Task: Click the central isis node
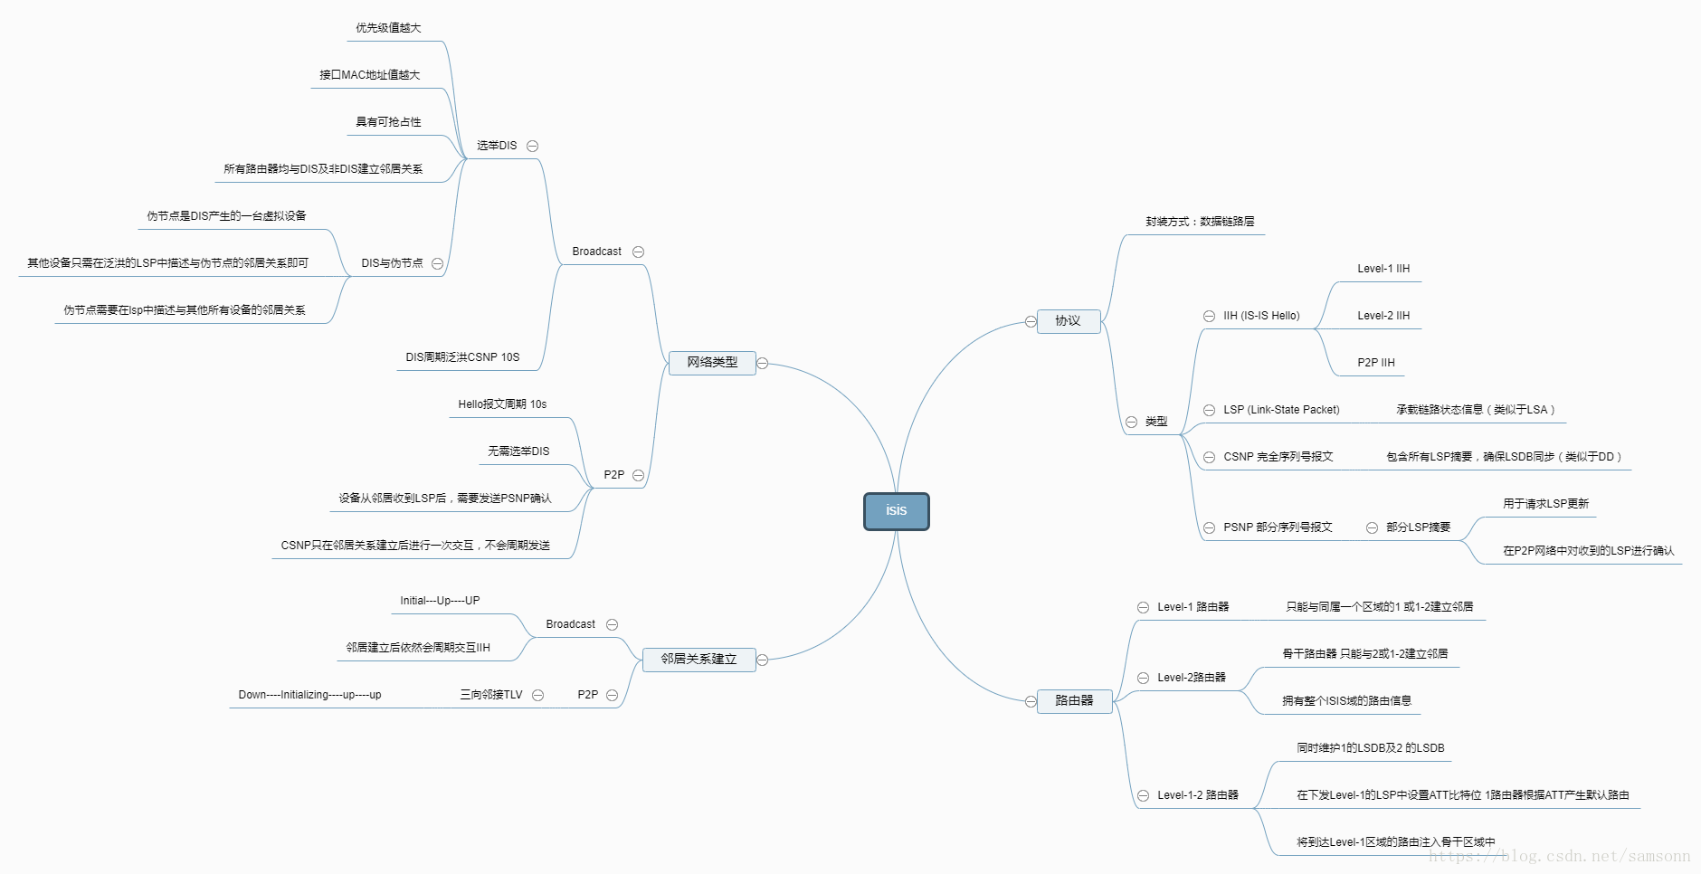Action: pyautogui.click(x=896, y=511)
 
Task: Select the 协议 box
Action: pyautogui.click(x=1068, y=321)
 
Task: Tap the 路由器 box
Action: pyautogui.click(x=1074, y=701)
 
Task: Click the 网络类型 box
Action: pyautogui.click(x=712, y=363)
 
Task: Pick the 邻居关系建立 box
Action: pyautogui.click(x=698, y=660)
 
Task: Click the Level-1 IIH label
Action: pyautogui.click(x=1383, y=269)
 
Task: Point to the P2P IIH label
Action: pyautogui.click(x=1376, y=363)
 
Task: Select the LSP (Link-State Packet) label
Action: pyautogui.click(x=1281, y=410)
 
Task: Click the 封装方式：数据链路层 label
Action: pyautogui.click(x=1200, y=222)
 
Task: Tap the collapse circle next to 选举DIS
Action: pyautogui.click(x=533, y=146)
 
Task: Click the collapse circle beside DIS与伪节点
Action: pyautogui.click(x=438, y=263)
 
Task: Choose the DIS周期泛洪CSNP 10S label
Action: pyautogui.click(x=462, y=357)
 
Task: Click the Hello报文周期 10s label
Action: pyautogui.click(x=502, y=404)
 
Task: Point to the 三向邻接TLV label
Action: pyautogui.click(x=491, y=695)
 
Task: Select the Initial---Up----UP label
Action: pyautogui.click(x=440, y=601)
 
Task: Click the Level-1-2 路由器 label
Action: pyautogui.click(x=1198, y=795)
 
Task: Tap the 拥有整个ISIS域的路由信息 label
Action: pyautogui.click(x=1346, y=701)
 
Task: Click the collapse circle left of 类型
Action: pyautogui.click(x=1131, y=422)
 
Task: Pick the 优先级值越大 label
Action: pyautogui.click(x=388, y=28)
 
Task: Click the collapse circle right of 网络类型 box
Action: pyautogui.click(x=763, y=363)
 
